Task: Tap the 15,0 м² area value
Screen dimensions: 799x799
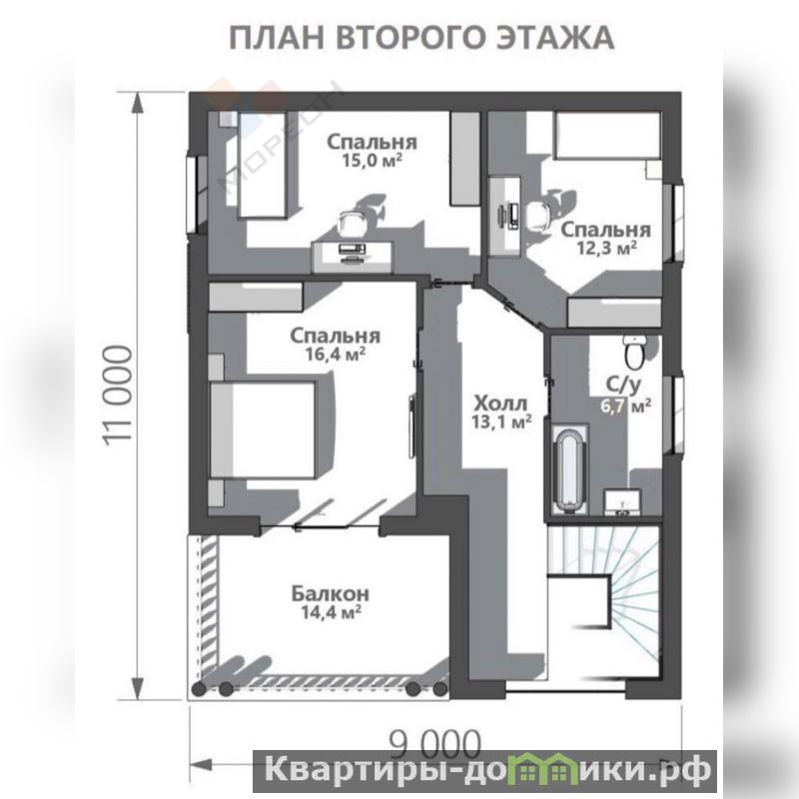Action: (x=372, y=160)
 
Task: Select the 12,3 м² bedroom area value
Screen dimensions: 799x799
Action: (x=606, y=248)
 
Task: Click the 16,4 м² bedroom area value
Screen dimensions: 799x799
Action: (x=336, y=354)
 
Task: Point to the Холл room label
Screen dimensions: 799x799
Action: (x=501, y=403)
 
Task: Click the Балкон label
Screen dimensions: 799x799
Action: (x=331, y=593)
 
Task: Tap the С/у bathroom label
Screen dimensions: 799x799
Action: (x=623, y=386)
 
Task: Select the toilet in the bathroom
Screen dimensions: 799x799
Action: (x=635, y=351)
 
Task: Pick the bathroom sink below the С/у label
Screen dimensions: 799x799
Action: (x=623, y=502)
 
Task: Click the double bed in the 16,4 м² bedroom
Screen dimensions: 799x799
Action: (x=263, y=429)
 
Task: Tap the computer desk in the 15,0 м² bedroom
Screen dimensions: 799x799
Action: (x=353, y=257)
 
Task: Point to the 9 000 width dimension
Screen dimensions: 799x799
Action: (x=435, y=744)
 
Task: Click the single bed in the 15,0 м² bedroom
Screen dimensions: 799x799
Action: (x=263, y=164)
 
